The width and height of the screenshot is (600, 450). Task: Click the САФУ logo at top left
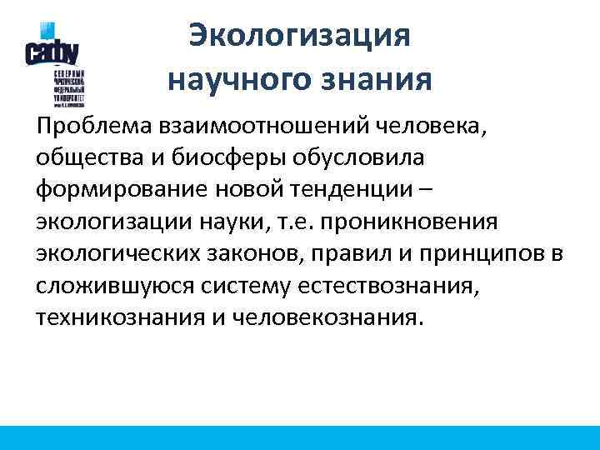[x=52, y=51]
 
